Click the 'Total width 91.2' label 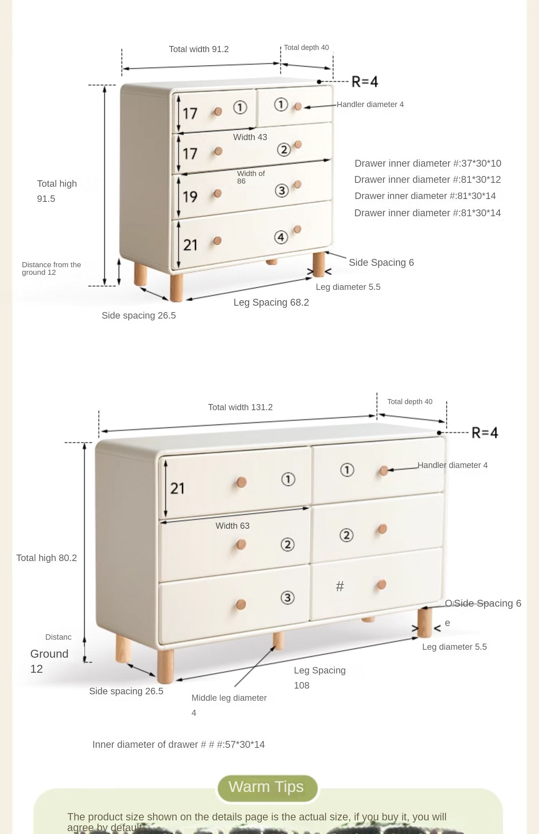coord(199,49)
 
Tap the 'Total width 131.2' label coord(240,407)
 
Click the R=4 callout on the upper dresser coord(364,82)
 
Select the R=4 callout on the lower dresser coord(484,433)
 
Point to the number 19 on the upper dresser coord(190,197)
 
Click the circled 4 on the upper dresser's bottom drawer coord(281,237)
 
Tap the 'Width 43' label coord(250,137)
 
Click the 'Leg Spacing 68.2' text coord(271,302)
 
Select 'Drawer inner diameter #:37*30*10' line coord(428,163)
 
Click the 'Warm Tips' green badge coord(267,787)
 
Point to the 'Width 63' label coord(232,526)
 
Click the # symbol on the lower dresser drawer coord(340,587)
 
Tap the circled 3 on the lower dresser coord(287,598)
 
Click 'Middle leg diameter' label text coord(229,698)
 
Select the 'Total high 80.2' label coord(46,558)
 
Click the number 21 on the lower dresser coord(177,488)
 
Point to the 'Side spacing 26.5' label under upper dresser coord(139,316)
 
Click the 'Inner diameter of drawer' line coord(178,745)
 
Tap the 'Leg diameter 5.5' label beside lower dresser coord(454,647)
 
